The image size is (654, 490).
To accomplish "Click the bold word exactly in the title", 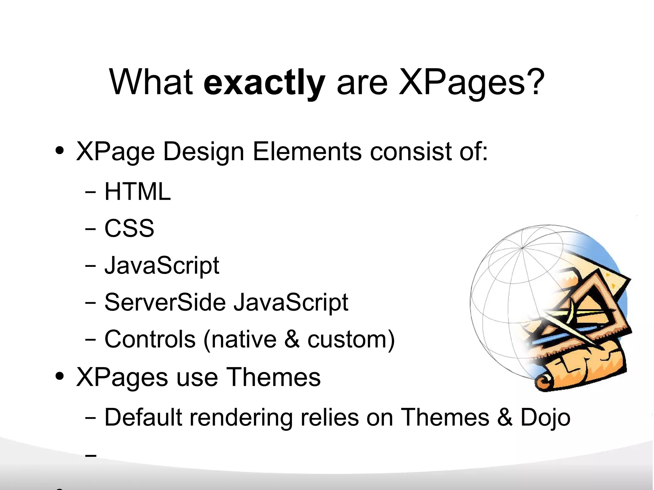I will click(264, 83).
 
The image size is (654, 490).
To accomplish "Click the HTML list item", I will click(137, 192).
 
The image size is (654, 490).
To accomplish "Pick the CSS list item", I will click(129, 229).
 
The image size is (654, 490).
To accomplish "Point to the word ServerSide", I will click(165, 302).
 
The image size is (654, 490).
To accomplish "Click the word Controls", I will click(150, 339).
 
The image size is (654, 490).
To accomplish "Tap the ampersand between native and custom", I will click(292, 339).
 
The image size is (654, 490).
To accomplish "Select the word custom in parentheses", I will click(347, 339).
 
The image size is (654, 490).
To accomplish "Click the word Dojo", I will click(545, 417).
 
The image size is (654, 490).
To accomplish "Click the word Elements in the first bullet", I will click(307, 152).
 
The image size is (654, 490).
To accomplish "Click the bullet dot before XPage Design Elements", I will click(59, 150).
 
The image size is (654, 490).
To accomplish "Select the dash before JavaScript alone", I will click(91, 266).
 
